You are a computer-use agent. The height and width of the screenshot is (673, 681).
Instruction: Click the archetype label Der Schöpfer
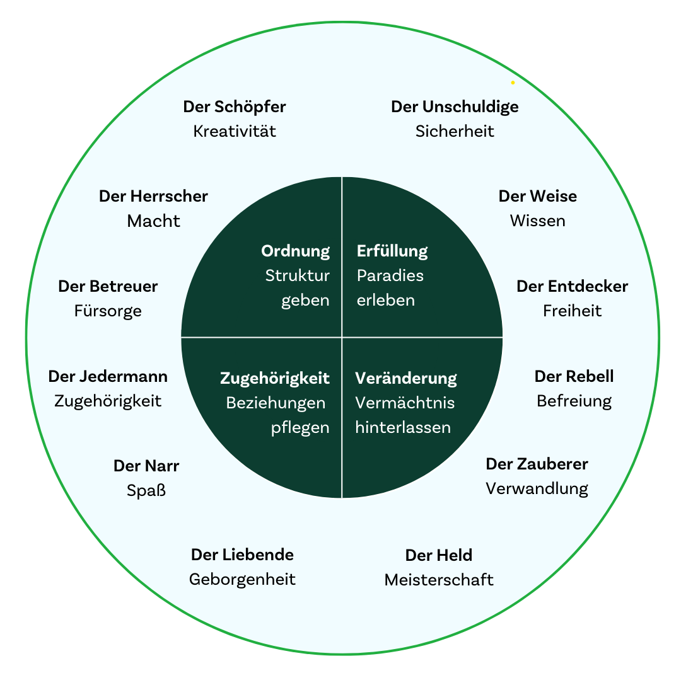(235, 107)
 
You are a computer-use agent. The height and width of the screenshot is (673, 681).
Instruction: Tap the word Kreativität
(235, 132)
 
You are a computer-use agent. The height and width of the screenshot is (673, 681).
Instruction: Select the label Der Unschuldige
(455, 107)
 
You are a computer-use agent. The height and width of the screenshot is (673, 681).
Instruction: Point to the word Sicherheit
(455, 132)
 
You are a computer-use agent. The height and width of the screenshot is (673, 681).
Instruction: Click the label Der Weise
(537, 197)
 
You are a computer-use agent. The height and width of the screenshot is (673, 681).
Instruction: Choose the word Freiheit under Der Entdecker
(572, 311)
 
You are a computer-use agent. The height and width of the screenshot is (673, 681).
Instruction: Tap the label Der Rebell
(574, 377)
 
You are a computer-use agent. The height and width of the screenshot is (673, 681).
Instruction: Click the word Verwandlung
(537, 489)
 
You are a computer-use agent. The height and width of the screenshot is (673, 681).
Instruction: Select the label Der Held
(438, 556)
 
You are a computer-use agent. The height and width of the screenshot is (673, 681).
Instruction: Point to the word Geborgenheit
(242, 580)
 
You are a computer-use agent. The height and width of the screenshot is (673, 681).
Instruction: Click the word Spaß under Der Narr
(146, 491)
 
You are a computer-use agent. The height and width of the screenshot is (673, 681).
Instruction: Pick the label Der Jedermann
(108, 377)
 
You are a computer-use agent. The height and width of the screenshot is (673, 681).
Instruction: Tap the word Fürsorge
(108, 311)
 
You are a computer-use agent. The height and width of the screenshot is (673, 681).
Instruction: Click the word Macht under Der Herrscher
(153, 221)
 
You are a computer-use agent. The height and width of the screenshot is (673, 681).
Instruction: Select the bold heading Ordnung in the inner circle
(295, 251)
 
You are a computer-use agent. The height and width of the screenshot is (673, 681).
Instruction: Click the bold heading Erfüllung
(392, 251)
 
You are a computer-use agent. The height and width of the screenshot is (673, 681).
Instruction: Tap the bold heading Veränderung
(406, 379)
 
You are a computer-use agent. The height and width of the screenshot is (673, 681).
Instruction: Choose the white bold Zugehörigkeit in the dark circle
(274, 379)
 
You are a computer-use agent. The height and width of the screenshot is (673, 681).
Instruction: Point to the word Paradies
(390, 276)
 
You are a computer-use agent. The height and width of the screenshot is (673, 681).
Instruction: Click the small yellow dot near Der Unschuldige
(513, 83)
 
